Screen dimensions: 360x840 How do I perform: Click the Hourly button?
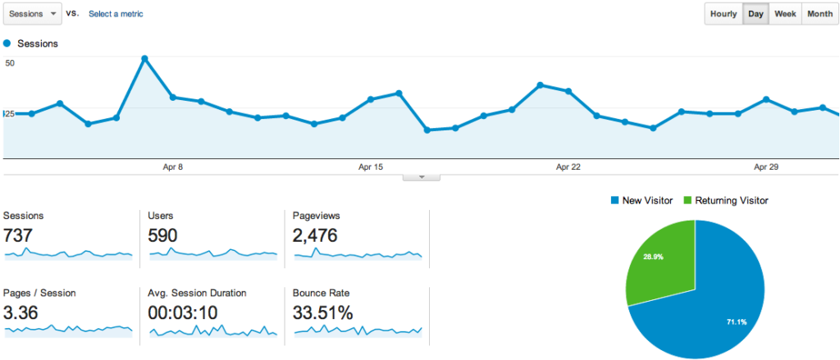tap(724, 14)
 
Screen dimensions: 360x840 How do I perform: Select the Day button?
tap(756, 14)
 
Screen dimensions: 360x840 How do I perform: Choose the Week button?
tap(785, 14)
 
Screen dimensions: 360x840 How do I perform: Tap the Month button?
tap(819, 14)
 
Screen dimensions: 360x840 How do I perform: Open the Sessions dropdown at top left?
tap(32, 14)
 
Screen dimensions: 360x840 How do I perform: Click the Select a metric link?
tap(116, 14)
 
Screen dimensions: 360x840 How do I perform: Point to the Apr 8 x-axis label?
tap(173, 167)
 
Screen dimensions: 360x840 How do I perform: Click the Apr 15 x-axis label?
tap(371, 167)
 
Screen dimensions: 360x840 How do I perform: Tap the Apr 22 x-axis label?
tap(568, 167)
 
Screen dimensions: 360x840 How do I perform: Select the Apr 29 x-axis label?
tap(765, 167)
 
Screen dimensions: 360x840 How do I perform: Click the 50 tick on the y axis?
tap(10, 62)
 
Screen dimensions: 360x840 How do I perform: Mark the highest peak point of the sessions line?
tap(144, 58)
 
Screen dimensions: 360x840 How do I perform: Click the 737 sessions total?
tap(18, 236)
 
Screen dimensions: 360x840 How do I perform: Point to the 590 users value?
tap(162, 236)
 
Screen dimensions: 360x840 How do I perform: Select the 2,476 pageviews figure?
tap(315, 236)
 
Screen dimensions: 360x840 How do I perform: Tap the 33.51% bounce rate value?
tap(322, 312)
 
